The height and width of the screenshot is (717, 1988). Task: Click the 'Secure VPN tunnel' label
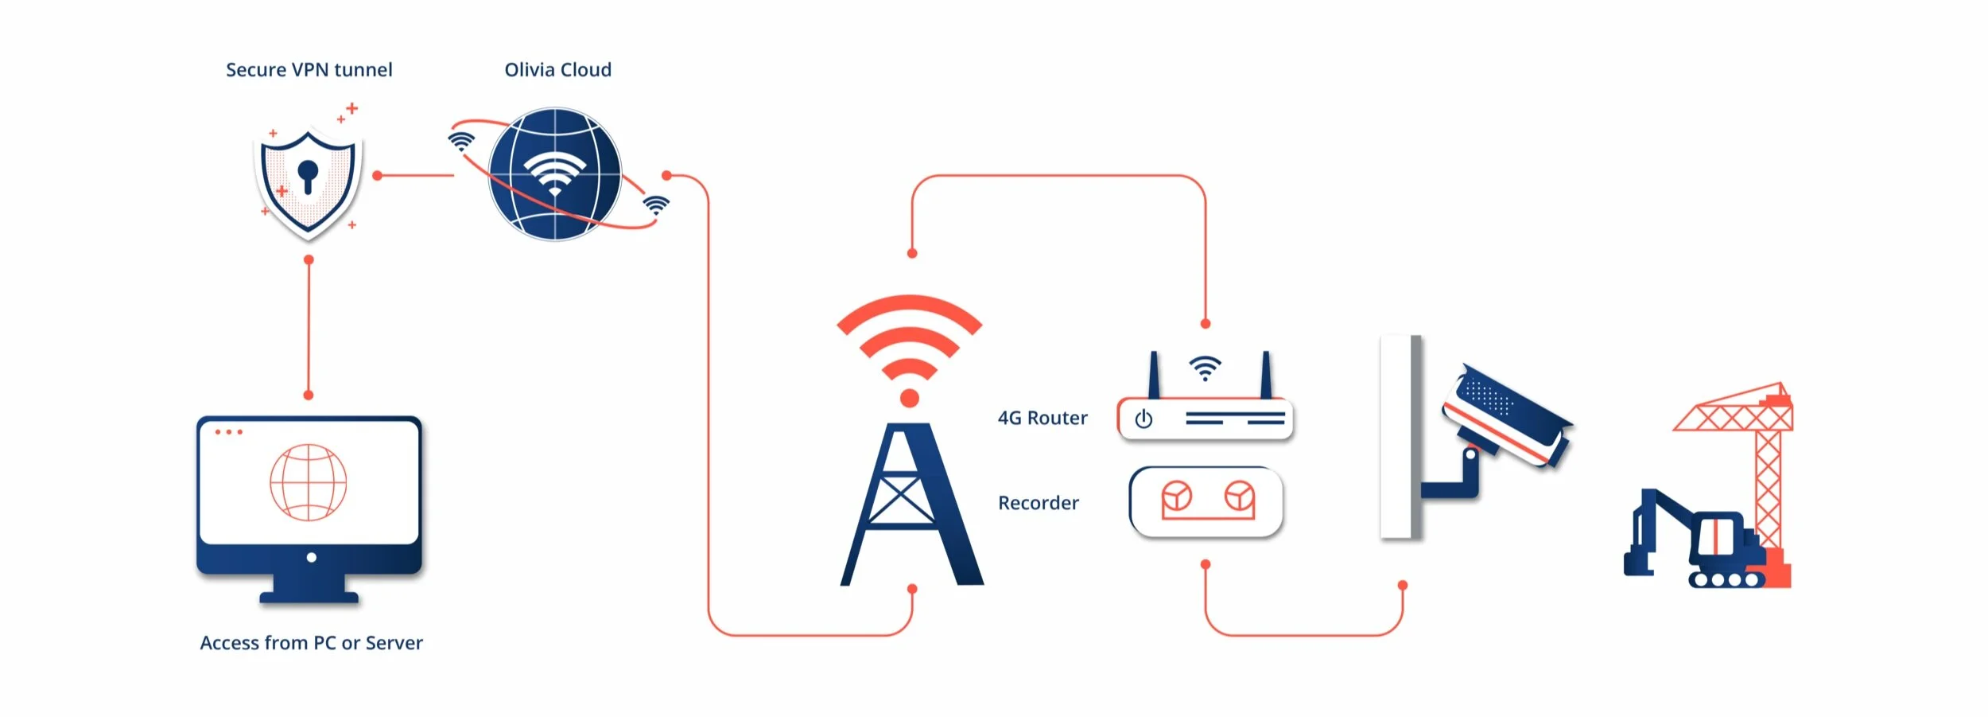click(309, 70)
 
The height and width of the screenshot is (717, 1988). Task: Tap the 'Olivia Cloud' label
click(557, 70)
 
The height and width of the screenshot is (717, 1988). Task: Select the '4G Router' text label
click(1043, 418)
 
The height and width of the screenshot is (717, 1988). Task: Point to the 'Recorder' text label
click(1039, 503)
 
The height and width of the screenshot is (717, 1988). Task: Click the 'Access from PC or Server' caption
click(311, 643)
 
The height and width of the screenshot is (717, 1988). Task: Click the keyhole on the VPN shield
click(308, 175)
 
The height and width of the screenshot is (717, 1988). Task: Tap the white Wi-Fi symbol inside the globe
click(554, 174)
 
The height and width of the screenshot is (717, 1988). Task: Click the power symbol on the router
click(1143, 419)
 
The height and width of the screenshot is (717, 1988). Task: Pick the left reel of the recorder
click(1177, 497)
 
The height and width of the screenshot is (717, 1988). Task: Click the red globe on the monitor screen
click(309, 482)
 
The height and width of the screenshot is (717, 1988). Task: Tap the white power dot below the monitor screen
click(311, 558)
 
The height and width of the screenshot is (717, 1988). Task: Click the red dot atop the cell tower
click(910, 398)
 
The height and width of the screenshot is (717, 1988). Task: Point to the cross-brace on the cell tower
click(899, 500)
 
